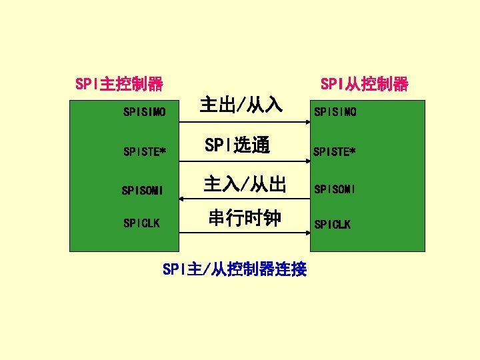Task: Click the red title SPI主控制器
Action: pyautogui.click(x=119, y=85)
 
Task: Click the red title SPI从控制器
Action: pyautogui.click(x=364, y=85)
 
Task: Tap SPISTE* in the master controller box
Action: pyautogui.click(x=145, y=151)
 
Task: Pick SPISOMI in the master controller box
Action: pyautogui.click(x=143, y=191)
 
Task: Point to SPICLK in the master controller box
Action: pyautogui.click(x=142, y=223)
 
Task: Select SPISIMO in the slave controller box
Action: pyautogui.click(x=335, y=112)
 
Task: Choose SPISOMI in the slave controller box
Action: pyautogui.click(x=335, y=189)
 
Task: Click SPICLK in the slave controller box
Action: pyautogui.click(x=332, y=225)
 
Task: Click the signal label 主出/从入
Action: pyautogui.click(x=242, y=105)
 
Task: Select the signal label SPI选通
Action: pyautogui.click(x=237, y=145)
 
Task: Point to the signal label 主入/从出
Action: pyautogui.click(x=245, y=184)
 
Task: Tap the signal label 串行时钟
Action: pyautogui.click(x=245, y=218)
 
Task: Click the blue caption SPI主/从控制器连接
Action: pyautogui.click(x=235, y=269)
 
